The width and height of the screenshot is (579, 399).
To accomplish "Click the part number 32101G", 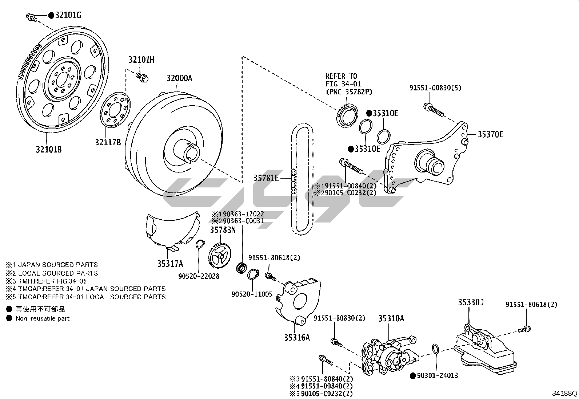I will pyautogui.click(x=68, y=15).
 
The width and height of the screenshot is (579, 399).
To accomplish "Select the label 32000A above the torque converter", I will pyautogui.click(x=179, y=78).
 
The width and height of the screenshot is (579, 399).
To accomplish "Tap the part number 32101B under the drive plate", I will pyautogui.click(x=48, y=149).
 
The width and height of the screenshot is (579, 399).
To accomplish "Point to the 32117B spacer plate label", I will pyautogui.click(x=108, y=142).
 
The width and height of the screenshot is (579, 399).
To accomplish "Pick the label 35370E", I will pyautogui.click(x=490, y=134).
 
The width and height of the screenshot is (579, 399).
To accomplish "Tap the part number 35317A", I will pyautogui.click(x=170, y=264).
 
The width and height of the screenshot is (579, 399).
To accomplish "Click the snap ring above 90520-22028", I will pyautogui.click(x=199, y=244).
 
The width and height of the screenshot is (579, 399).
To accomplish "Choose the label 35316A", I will pyautogui.click(x=297, y=337).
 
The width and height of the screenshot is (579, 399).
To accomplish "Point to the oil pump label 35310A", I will pyautogui.click(x=391, y=318).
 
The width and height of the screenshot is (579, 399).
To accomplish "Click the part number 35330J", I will pyautogui.click(x=471, y=302).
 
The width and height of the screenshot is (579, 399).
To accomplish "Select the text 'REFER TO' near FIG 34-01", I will pyautogui.click(x=341, y=76).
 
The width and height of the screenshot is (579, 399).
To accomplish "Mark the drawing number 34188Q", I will pyautogui.click(x=564, y=393).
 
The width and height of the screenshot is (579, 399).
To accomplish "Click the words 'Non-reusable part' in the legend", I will pyautogui.click(x=42, y=318).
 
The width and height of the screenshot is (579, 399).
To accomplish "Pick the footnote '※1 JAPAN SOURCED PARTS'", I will pyautogui.click(x=51, y=265).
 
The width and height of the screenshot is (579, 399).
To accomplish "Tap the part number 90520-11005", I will pyautogui.click(x=252, y=294).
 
